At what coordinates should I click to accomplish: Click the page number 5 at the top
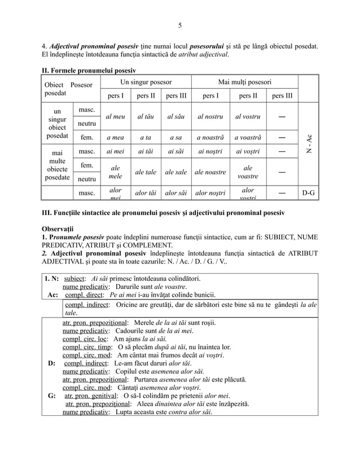179,25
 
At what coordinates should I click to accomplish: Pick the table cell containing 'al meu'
116,117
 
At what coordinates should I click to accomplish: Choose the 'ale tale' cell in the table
145,172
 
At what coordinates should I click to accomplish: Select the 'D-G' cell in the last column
308,193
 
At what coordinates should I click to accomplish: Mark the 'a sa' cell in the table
174,137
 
